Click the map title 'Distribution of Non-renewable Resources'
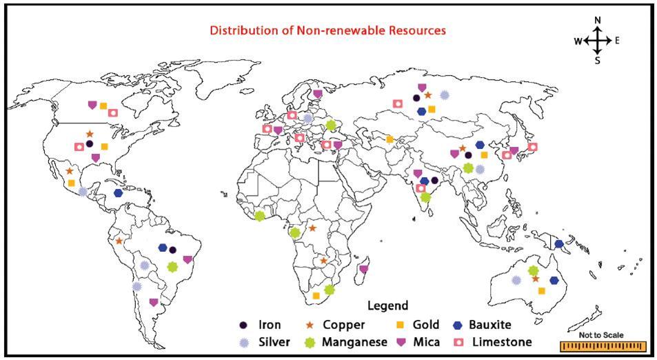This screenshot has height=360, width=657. (327, 31)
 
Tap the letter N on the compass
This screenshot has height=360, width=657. (598, 21)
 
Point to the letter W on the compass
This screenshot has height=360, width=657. (578, 41)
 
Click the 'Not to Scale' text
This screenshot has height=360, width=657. (601, 335)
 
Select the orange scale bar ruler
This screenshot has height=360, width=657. (604, 346)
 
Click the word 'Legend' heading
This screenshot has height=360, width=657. (389, 306)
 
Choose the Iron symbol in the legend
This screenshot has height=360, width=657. (243, 324)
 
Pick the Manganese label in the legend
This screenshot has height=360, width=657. (352, 341)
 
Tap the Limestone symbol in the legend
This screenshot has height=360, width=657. (456, 341)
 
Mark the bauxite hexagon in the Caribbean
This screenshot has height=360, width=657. (119, 193)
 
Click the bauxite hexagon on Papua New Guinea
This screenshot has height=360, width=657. (558, 244)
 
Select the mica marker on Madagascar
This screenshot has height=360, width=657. (364, 269)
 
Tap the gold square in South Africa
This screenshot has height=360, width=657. (316, 295)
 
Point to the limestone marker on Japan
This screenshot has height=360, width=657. (532, 147)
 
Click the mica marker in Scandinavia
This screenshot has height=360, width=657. (317, 94)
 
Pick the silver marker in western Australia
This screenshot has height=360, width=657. (516, 280)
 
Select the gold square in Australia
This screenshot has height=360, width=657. (541, 291)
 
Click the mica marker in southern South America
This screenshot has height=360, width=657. (153, 302)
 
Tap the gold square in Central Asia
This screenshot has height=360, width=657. (390, 139)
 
